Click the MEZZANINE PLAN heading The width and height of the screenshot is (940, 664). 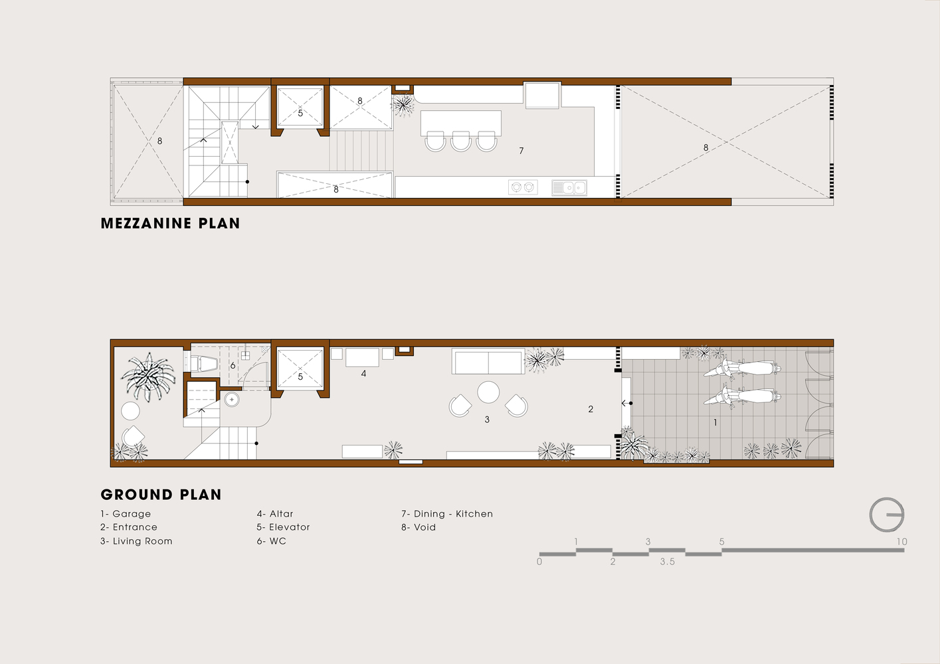point(170,224)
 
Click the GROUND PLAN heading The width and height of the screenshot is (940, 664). point(161,495)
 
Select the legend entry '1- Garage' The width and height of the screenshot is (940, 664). point(126,514)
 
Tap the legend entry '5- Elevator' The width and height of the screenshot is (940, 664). point(283,527)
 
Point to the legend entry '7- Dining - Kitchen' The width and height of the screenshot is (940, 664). point(446,514)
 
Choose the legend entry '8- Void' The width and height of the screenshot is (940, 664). point(419,527)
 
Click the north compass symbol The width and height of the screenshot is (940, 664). point(888,515)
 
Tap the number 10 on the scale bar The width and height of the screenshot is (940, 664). point(901,542)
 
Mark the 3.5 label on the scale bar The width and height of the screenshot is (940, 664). point(667,562)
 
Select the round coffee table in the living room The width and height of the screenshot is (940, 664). point(488,392)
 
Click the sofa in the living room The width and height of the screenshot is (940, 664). point(488,362)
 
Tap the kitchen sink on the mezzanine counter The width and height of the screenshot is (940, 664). point(569,188)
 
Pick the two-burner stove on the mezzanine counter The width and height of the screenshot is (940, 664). point(522,188)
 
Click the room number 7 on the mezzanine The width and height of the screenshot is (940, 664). point(521,151)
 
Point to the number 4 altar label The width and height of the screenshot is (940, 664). point(363,374)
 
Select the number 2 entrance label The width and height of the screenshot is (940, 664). point(591,410)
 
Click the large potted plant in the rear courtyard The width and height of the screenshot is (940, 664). point(148,377)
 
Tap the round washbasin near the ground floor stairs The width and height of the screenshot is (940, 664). point(231,399)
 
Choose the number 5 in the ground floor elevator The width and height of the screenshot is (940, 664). point(300,377)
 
